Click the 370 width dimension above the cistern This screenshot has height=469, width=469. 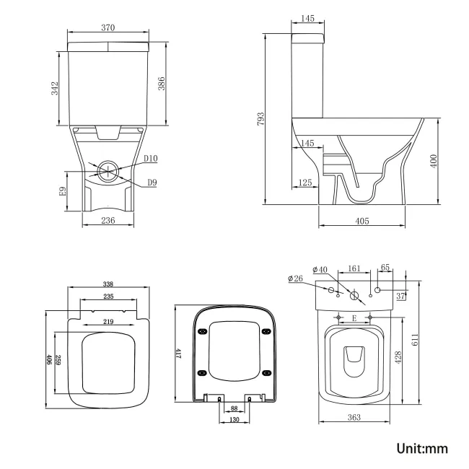108,27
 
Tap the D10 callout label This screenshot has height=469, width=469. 150,159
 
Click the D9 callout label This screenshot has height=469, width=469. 152,183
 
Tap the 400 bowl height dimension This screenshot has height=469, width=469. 434,160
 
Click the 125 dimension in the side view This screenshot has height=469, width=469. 305,183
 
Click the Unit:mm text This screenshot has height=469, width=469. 422,448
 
